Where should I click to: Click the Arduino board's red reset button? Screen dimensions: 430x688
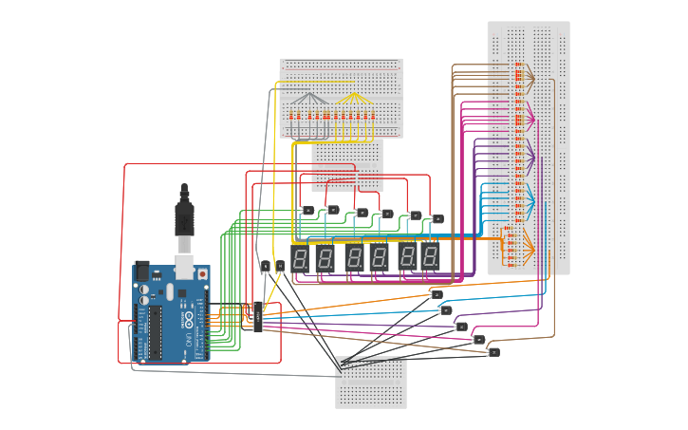point(201,274)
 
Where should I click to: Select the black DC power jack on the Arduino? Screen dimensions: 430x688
point(141,271)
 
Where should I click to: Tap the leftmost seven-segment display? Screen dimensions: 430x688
point(300,257)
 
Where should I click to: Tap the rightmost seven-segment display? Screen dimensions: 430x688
point(431,256)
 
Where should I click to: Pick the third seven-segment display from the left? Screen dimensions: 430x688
point(354,257)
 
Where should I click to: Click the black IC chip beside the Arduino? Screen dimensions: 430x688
point(257,317)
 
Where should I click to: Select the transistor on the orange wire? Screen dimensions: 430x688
point(437,294)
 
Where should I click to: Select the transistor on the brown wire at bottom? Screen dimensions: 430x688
point(493,352)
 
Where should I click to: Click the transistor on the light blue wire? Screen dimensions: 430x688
point(446,309)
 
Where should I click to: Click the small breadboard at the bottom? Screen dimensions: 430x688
point(371,383)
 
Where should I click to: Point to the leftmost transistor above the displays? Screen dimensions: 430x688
point(307,210)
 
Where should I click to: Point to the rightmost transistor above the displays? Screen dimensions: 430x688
point(437,218)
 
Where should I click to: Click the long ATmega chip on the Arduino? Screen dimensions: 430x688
point(154,333)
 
